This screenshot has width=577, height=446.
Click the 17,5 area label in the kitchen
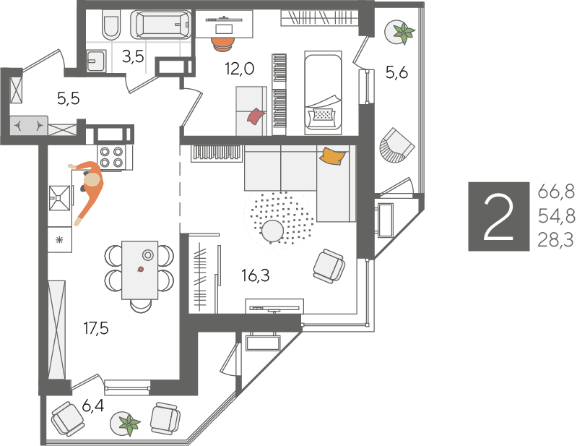(x=96, y=328)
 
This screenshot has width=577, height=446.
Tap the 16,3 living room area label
(x=256, y=275)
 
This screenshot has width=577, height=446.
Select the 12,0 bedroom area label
(x=240, y=69)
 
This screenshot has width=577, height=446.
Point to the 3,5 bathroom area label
(x=133, y=57)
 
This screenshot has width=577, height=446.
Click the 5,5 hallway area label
(x=69, y=99)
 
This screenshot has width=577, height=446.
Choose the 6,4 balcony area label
(x=92, y=406)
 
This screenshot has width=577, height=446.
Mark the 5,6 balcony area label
(x=396, y=72)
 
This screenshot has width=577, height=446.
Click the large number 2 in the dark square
(x=498, y=217)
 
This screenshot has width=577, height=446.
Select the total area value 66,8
(x=556, y=192)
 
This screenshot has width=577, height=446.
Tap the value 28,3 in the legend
(x=555, y=240)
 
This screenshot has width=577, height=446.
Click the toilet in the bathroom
(x=111, y=25)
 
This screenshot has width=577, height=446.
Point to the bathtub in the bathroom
(x=161, y=25)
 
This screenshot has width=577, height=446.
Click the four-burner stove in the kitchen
(x=111, y=158)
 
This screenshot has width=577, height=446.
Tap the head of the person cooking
(x=92, y=181)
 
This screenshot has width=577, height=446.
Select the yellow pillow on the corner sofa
(x=333, y=155)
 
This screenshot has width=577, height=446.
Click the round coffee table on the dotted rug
(x=273, y=231)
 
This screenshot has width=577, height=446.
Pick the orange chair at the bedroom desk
(x=223, y=43)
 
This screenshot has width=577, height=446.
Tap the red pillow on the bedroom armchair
(x=256, y=116)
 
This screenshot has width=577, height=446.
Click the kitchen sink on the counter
(x=59, y=198)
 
